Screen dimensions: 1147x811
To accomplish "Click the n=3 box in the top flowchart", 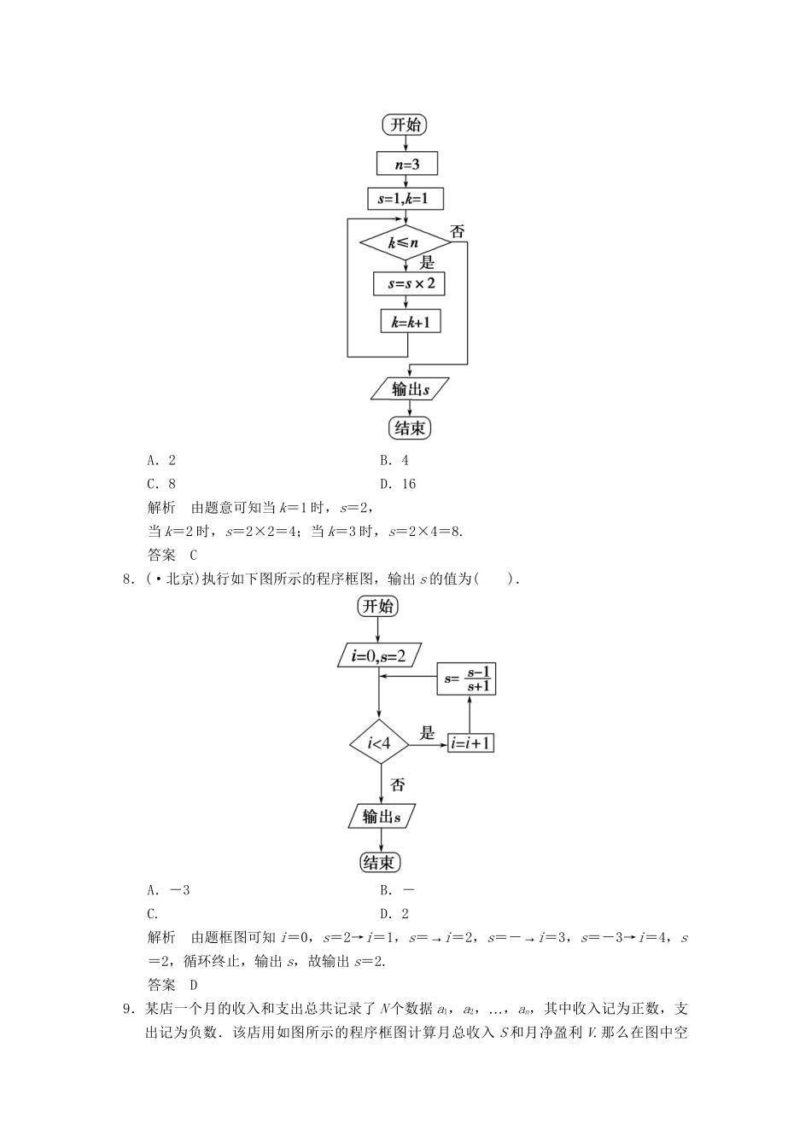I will click(406, 163).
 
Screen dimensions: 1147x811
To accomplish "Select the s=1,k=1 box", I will click(405, 199).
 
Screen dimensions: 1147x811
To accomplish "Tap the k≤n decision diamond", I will click(405, 243).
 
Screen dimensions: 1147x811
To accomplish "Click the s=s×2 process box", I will click(410, 283).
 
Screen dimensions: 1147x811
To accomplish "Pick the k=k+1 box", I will click(410, 322).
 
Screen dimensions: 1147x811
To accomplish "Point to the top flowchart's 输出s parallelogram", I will click(410, 389).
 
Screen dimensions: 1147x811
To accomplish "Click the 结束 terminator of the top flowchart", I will click(409, 428).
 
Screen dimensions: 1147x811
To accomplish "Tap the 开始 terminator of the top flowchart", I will click(405, 125).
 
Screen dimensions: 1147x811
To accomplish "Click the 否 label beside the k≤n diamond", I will click(458, 232).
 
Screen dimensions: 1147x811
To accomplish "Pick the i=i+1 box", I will click(470, 743).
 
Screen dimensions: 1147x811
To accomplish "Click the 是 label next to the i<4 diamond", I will click(427, 732).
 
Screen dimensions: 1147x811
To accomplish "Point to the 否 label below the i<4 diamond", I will click(397, 784).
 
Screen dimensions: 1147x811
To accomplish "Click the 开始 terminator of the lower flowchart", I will click(377, 607).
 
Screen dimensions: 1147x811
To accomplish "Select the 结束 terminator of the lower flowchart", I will click(378, 862).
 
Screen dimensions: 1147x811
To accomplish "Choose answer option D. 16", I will click(398, 484).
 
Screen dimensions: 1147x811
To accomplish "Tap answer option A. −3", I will click(168, 890).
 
